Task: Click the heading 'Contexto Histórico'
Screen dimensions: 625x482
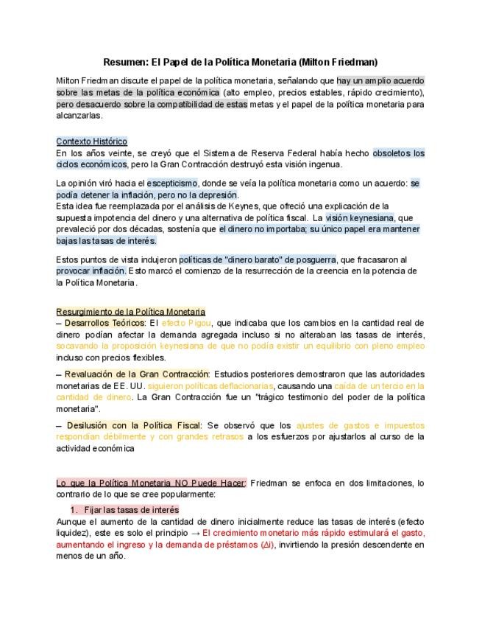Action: pyautogui.click(x=91, y=142)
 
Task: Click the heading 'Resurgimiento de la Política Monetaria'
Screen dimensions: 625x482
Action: pyautogui.click(x=130, y=312)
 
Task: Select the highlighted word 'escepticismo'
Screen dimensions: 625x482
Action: pyautogui.click(x=172, y=181)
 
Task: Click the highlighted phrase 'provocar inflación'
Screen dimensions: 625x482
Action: pyautogui.click(x=91, y=271)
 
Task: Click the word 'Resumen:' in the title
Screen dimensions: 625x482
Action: pyautogui.click(x=124, y=62)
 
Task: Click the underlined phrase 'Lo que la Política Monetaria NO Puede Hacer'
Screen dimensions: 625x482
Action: pyautogui.click(x=151, y=483)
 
